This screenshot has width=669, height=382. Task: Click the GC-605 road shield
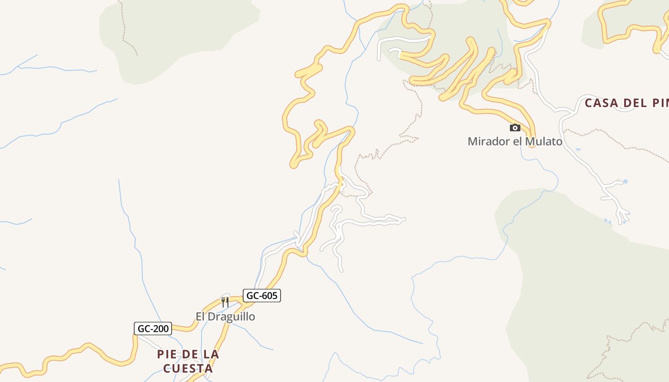click(x=261, y=296)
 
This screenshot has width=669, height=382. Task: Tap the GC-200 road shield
click(x=153, y=329)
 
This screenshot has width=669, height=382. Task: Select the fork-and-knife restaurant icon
click(x=225, y=302)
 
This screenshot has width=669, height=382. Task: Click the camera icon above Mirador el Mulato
click(x=515, y=127)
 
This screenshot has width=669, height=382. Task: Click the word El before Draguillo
click(x=201, y=317)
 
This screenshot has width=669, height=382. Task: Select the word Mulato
click(x=543, y=141)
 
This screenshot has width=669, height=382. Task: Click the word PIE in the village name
click(x=167, y=354)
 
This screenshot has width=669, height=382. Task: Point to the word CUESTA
click(x=188, y=369)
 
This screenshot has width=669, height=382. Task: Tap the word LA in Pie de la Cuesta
click(x=211, y=354)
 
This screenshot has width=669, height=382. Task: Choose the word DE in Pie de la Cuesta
click(x=190, y=354)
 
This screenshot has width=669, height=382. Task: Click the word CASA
click(x=601, y=103)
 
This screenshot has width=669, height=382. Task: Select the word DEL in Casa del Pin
click(x=634, y=103)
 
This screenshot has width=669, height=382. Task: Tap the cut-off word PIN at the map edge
click(x=660, y=103)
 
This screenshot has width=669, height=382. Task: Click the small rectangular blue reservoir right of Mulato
click(x=578, y=149)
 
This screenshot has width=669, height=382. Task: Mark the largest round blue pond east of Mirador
click(x=625, y=181)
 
